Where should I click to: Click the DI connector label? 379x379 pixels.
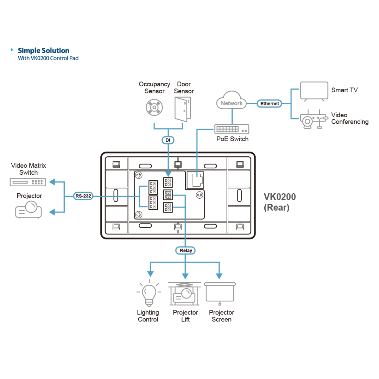click(168, 140)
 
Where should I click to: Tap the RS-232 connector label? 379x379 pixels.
click(83, 196)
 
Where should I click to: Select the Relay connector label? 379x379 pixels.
click(186, 250)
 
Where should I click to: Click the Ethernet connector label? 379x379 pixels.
click(269, 104)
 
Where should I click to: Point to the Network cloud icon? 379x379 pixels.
click(232, 100)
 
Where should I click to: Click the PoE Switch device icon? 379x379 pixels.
click(232, 129)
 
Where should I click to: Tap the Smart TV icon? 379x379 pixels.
click(314, 91)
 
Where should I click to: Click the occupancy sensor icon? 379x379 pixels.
click(154, 107)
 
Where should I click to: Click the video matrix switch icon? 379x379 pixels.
click(28, 182)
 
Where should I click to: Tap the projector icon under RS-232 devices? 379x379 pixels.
click(28, 209)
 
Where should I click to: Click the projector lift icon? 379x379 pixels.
click(184, 294)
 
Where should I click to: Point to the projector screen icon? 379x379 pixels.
click(220, 293)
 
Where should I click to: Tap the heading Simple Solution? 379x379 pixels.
click(44, 51)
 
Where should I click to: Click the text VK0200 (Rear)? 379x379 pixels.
click(280, 202)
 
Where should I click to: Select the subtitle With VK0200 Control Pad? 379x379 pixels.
click(48, 58)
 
